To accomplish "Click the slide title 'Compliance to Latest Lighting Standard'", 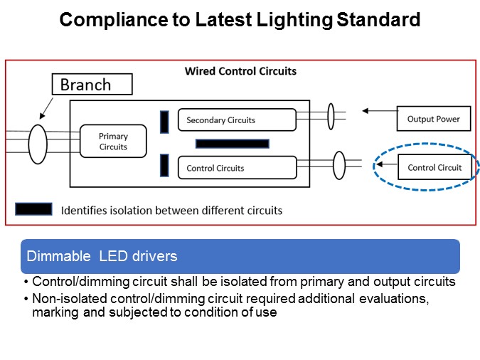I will [240, 20].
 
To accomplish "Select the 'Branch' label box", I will [92, 85].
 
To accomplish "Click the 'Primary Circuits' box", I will [113, 141].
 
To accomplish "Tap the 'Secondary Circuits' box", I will [236, 120].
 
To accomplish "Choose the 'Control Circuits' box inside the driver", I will [236, 168].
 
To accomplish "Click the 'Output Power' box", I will [433, 119].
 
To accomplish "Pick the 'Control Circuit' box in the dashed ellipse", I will [434, 168].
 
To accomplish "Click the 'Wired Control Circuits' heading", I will [240, 71].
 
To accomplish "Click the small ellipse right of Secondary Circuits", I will [331, 117].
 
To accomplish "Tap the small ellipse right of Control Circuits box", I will [339, 164].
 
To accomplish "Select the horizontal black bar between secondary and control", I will [232, 144].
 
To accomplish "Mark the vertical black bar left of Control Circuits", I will [164, 166].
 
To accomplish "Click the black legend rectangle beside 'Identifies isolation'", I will [33, 209].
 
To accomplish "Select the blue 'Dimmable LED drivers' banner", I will [240, 256].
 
